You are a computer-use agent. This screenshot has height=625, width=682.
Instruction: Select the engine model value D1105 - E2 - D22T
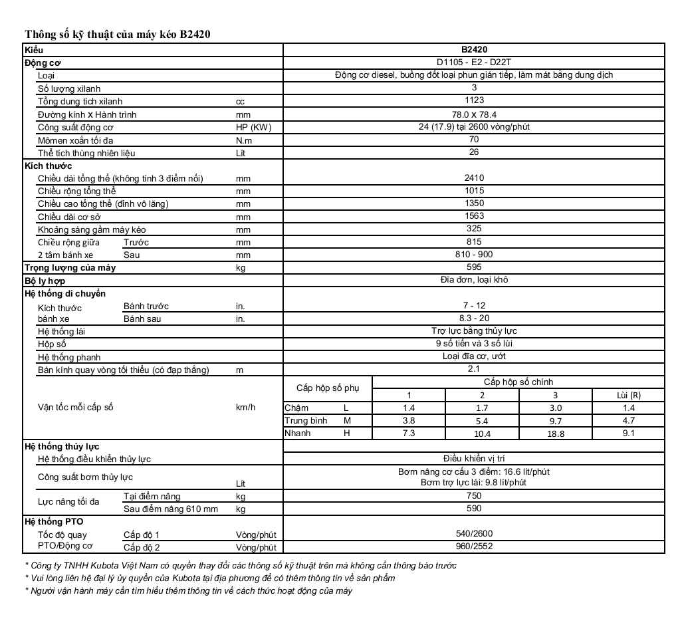point(474,62)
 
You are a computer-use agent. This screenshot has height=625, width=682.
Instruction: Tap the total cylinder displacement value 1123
point(474,101)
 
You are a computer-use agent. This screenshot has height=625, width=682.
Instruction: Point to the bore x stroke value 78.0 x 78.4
point(474,114)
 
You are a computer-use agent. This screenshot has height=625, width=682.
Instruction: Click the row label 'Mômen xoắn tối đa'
point(76,140)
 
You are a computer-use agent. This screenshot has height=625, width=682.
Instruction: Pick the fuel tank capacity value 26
point(474,153)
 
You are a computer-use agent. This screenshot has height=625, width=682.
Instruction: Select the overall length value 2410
point(474,178)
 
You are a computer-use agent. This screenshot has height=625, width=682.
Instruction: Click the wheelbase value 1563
point(474,217)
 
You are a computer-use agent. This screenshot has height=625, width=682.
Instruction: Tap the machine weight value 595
point(474,267)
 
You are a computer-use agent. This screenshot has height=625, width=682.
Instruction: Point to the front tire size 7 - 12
point(474,306)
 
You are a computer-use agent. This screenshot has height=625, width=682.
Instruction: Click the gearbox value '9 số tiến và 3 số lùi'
point(474,344)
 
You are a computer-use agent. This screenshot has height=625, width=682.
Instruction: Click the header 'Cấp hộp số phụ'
point(327,388)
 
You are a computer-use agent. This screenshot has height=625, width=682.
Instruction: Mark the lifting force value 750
point(474,496)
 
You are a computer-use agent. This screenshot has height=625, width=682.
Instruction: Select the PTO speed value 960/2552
point(474,547)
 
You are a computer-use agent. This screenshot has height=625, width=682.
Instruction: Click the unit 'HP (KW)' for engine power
point(254,127)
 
